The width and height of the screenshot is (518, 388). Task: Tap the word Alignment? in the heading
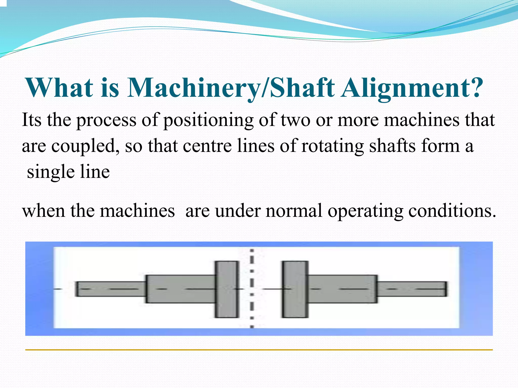tap(412, 88)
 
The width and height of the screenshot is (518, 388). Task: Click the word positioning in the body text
tap(208, 120)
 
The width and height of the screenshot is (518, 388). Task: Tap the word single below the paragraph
tap(51, 173)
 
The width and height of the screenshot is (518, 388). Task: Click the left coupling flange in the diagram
tap(227, 289)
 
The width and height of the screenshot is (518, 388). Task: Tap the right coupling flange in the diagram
tap(295, 289)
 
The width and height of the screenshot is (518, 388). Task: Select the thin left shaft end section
tap(111, 289)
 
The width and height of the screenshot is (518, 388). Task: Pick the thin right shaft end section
tap(412, 289)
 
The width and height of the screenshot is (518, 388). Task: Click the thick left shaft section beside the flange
tap(181, 289)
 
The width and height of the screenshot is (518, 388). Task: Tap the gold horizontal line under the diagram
tap(259, 350)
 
